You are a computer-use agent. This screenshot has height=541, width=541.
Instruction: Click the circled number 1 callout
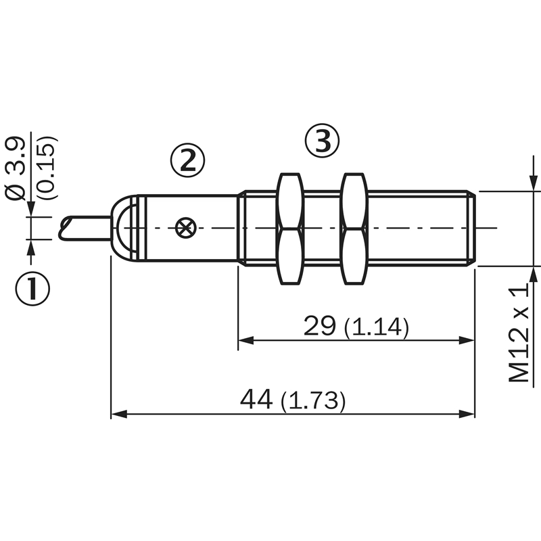[x=32, y=288]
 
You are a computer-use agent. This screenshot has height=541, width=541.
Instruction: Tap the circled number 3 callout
[x=323, y=140]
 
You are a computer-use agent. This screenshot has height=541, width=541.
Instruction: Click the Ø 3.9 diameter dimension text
[x=16, y=168]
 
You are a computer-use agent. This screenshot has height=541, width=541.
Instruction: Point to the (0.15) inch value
[x=47, y=168]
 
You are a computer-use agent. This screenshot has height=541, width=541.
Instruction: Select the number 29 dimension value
[x=319, y=326]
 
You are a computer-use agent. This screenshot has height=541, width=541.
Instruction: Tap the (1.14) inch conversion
[x=377, y=327]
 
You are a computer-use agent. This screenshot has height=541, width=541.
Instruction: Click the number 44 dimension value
[x=256, y=399]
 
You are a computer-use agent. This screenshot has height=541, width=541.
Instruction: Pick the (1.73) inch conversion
[x=313, y=401]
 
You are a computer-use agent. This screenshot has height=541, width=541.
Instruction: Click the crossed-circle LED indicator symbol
[x=185, y=228]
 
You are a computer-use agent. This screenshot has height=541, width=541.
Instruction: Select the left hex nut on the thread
[x=290, y=229]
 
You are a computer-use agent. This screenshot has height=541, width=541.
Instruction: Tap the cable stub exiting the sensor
[x=85, y=228]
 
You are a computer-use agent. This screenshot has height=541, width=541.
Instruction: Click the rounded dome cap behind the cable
[x=124, y=228]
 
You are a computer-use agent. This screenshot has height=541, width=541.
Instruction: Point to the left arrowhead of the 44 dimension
[x=118, y=414]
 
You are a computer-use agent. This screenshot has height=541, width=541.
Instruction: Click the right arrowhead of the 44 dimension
[x=467, y=414]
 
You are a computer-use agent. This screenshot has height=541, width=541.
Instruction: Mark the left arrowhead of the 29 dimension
[x=245, y=341]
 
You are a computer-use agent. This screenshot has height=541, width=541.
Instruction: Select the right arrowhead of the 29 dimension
[x=467, y=341]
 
